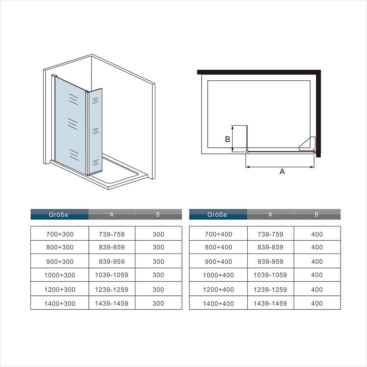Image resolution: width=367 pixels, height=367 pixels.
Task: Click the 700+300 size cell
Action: [60, 233]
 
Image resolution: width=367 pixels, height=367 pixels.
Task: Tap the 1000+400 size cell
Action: [218, 275]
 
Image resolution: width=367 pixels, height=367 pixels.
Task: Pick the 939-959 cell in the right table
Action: [270, 261]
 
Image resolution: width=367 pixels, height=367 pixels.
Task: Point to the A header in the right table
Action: [270, 214]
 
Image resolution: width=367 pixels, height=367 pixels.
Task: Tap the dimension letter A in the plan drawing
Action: [282, 171]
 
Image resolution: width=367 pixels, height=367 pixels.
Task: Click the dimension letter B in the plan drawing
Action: [228, 139]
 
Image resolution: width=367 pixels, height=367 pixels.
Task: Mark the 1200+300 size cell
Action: [60, 289]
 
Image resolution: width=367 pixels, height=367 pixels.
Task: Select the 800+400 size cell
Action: [218, 247]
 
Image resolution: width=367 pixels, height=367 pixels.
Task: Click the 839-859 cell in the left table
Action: [112, 247]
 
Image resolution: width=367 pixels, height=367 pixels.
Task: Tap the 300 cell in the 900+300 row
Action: [159, 261]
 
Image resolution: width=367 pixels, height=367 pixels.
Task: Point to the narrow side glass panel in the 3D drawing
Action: [95, 131]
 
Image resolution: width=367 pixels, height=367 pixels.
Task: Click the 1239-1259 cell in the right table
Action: [270, 289]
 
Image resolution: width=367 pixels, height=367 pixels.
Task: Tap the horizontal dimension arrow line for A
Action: [280, 167]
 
